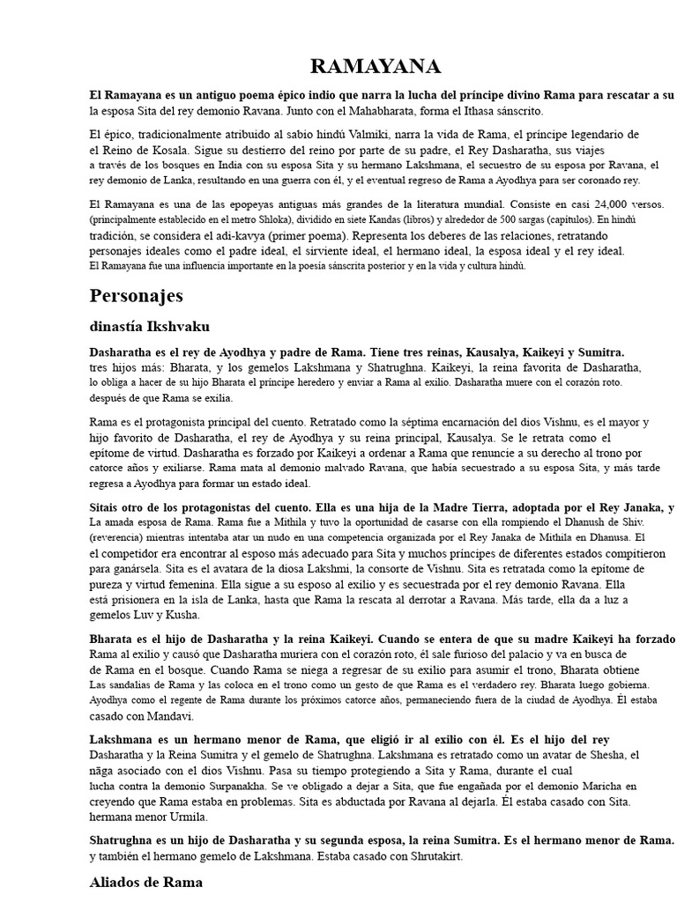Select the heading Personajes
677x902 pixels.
pyautogui.click(x=136, y=294)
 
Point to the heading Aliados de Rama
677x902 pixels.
pyautogui.click(x=146, y=881)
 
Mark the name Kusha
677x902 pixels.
pyautogui.click(x=181, y=615)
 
